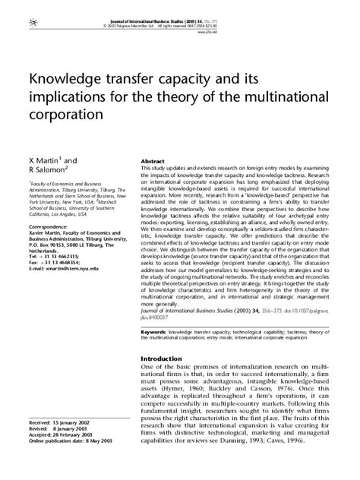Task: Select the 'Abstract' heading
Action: pos(153,162)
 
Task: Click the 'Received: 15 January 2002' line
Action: pos(61,420)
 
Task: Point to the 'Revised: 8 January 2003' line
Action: pos(59,426)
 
